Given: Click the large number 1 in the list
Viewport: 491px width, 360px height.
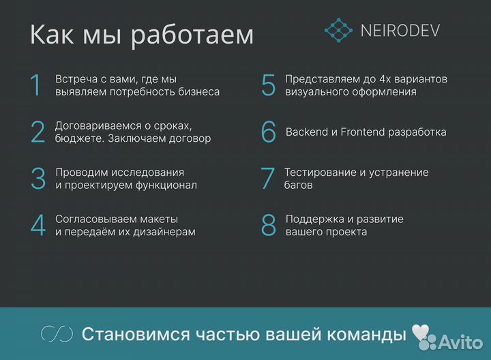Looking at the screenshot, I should point(36,85).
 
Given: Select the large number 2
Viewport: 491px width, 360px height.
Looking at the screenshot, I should point(38,132).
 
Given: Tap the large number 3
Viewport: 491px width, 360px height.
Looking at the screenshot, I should point(38,179).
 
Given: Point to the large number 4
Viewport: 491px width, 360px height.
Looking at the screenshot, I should point(38,225).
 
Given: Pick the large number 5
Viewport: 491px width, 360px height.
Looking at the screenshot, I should point(269,85).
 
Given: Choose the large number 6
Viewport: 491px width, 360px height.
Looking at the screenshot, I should point(269,132).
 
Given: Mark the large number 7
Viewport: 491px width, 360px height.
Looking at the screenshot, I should point(268,179).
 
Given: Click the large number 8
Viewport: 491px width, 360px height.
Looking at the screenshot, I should point(269,225).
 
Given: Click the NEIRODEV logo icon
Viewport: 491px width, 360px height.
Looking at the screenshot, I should point(338,29).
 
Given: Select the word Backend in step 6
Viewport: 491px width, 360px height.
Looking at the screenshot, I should point(308,132).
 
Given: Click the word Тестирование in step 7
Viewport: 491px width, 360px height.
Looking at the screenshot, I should point(320,172).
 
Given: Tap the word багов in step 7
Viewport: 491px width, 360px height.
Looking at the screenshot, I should point(299,185).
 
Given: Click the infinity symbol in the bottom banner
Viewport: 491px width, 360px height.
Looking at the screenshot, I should point(57,334).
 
